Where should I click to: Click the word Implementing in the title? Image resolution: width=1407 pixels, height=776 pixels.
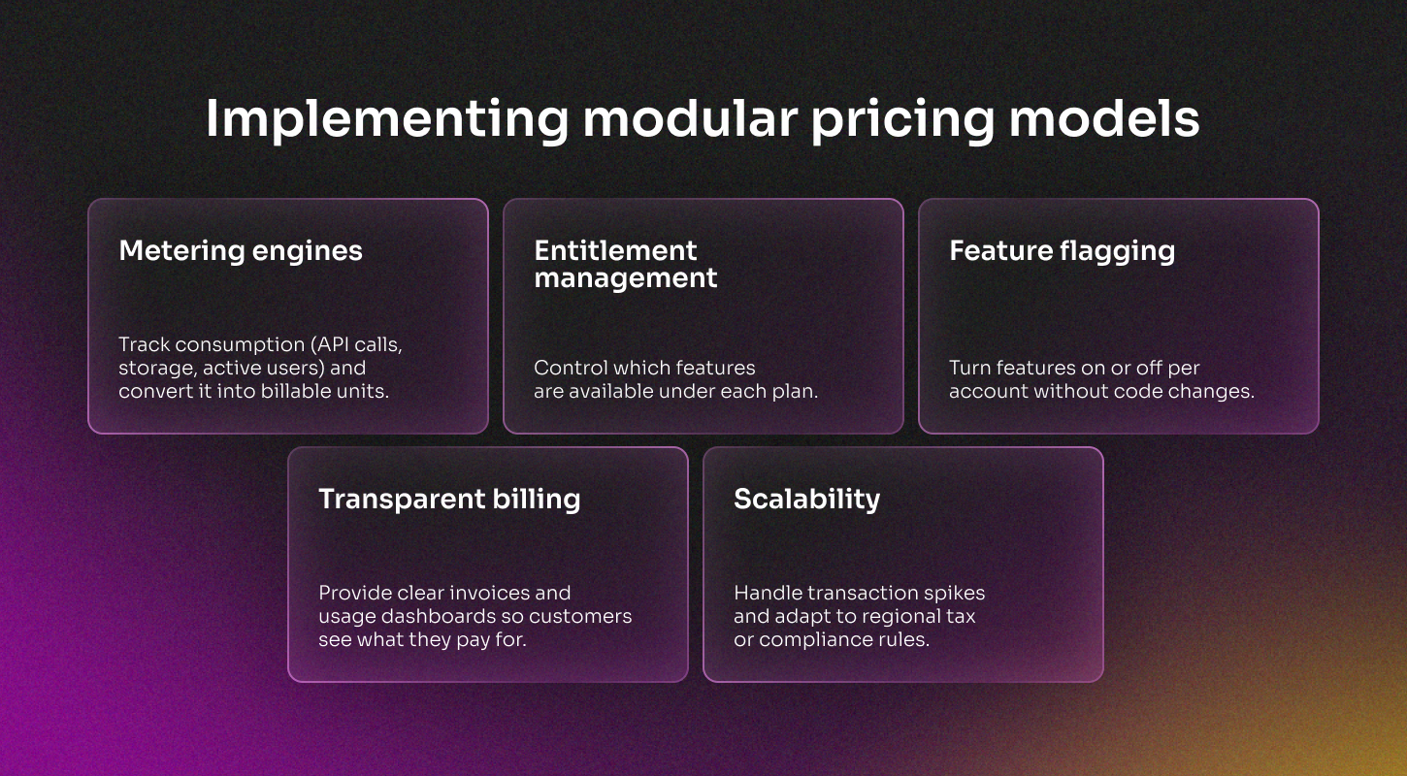[387, 119]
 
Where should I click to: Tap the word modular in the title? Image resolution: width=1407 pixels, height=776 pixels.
[690, 118]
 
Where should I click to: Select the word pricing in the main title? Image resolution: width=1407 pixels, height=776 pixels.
[903, 120]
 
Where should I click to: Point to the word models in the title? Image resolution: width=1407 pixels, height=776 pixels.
[1104, 118]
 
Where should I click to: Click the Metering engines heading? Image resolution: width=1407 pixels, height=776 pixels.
[241, 251]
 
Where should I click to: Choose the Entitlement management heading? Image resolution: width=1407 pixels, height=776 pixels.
[626, 264]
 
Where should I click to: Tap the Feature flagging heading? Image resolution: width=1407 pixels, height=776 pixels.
[1063, 251]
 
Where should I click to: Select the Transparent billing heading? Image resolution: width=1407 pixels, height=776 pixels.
[449, 500]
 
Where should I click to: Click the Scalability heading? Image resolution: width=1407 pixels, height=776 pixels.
[807, 500]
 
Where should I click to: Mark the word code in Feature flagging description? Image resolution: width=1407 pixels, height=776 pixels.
[1134, 391]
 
